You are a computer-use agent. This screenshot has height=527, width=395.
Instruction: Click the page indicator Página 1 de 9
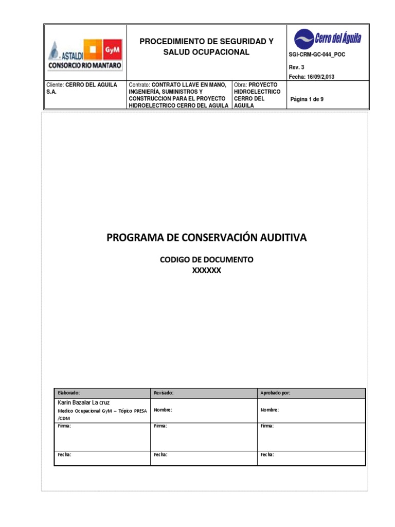pyautogui.click(x=307, y=99)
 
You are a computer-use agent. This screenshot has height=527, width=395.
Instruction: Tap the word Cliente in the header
pyautogui.click(x=55, y=84)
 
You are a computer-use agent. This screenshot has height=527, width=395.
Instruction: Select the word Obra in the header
pyautogui.click(x=240, y=84)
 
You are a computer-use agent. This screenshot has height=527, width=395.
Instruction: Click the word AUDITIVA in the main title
pyautogui.click(x=278, y=238)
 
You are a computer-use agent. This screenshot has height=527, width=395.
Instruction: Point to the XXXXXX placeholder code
pyautogui.click(x=206, y=271)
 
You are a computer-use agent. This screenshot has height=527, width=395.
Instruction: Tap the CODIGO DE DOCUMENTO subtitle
pyautogui.click(x=206, y=260)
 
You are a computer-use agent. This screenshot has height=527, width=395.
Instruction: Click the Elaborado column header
pyautogui.click(x=69, y=393)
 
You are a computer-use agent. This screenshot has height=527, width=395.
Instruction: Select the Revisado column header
pyautogui.click(x=164, y=393)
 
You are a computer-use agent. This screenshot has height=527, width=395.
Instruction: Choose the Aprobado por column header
pyautogui.click(x=275, y=393)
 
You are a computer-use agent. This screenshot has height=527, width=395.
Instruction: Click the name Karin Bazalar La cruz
pyautogui.click(x=83, y=402)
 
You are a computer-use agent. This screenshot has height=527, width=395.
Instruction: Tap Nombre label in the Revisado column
pyautogui.click(x=163, y=410)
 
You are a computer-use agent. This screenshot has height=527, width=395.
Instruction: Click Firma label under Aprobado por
pyautogui.click(x=267, y=426)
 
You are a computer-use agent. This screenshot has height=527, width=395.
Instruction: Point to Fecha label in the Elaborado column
pyautogui.click(x=64, y=455)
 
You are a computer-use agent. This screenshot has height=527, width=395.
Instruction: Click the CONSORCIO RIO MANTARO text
pyautogui.click(x=85, y=66)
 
